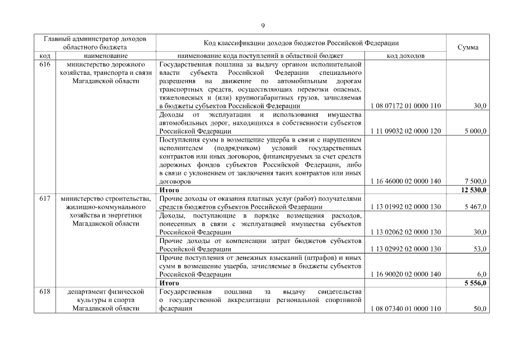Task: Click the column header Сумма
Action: click(x=468, y=47)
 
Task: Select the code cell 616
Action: click(x=46, y=65)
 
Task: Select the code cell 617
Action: click(x=46, y=199)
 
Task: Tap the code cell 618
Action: click(x=46, y=291)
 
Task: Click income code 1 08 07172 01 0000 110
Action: click(x=406, y=106)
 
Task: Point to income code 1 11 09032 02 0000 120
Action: click(x=406, y=131)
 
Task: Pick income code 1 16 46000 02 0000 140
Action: click(x=406, y=182)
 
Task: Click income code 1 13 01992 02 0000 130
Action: click(x=406, y=207)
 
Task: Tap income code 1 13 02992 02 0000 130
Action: click(x=406, y=249)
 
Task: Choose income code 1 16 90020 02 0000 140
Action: click(x=406, y=274)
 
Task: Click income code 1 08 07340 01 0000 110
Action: click(x=406, y=309)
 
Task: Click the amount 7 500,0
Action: click(x=476, y=182)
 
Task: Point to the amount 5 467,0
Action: click(x=476, y=207)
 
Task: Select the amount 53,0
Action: click(x=480, y=249)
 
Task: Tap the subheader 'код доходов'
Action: click(x=406, y=56)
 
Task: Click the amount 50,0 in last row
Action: click(x=480, y=309)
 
